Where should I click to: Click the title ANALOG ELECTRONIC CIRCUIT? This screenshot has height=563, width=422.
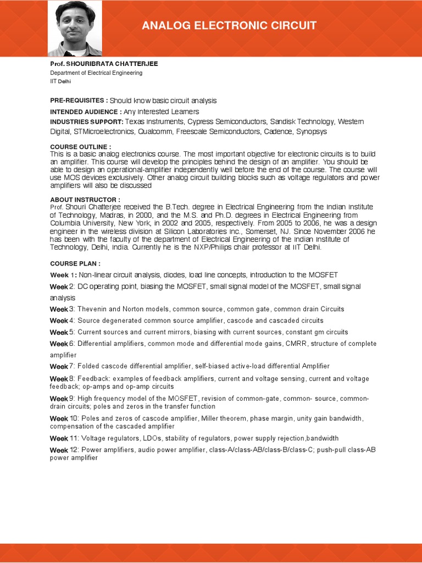point(229,26)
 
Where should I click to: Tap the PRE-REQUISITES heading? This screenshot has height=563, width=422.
point(79,101)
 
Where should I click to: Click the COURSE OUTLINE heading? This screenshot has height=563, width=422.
point(81,147)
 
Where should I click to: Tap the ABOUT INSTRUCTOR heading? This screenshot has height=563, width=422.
point(85,199)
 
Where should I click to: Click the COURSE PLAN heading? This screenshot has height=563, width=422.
point(75,263)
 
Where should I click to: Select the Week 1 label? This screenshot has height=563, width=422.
point(60,275)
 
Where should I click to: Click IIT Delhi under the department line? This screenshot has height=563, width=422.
point(61,81)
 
